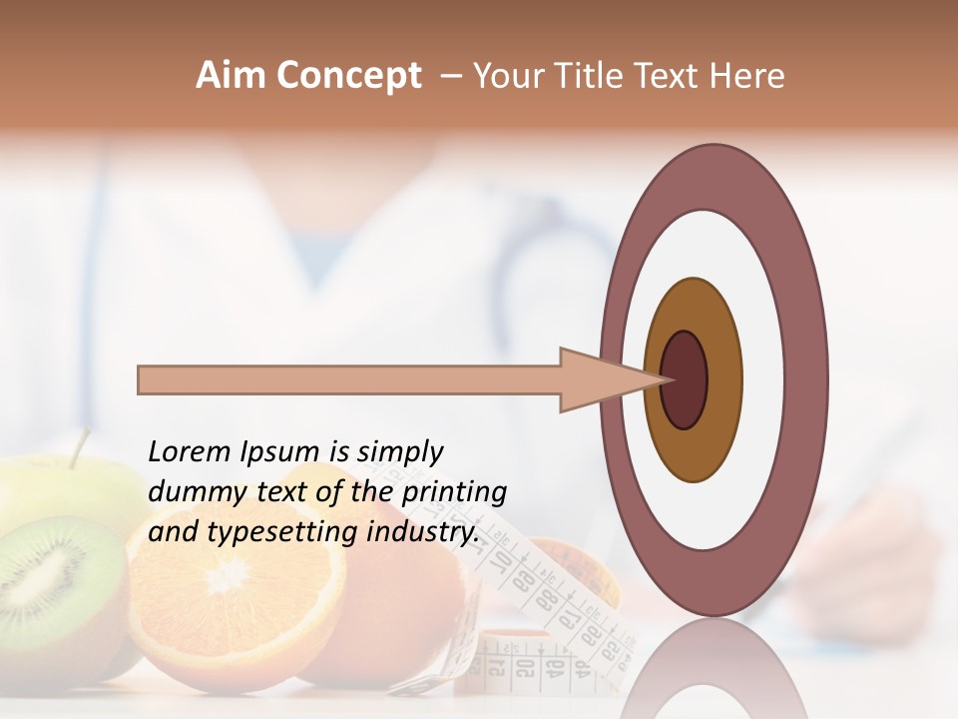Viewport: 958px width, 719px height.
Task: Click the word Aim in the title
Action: tap(231, 76)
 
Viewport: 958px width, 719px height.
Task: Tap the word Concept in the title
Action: tap(347, 76)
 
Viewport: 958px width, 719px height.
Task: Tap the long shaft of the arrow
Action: tap(349, 379)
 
